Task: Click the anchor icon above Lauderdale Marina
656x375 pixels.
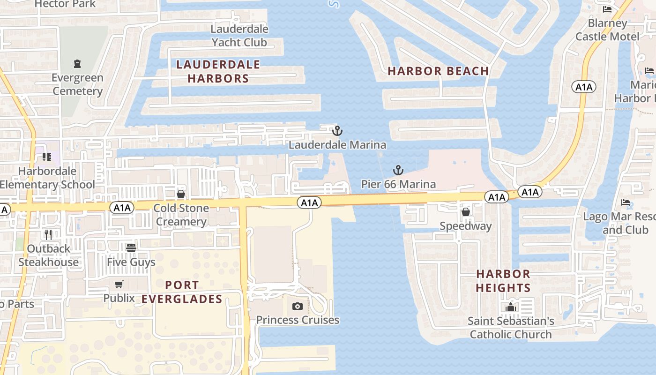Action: click(337, 131)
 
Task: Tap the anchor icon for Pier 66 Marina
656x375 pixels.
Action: click(398, 170)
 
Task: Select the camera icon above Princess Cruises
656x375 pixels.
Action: click(297, 307)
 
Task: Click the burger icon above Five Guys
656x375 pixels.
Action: click(131, 247)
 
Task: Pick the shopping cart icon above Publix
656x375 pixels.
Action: click(119, 284)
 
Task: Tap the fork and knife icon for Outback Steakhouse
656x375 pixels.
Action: click(48, 234)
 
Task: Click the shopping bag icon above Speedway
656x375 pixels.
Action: click(466, 212)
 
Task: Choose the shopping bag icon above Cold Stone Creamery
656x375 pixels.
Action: click(181, 194)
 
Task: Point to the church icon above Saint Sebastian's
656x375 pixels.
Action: click(511, 307)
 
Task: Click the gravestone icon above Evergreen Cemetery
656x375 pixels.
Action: click(77, 63)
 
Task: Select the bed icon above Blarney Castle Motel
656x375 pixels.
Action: click(607, 9)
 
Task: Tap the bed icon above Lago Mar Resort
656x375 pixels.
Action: click(626, 202)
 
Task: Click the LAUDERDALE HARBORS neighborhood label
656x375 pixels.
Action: click(218, 71)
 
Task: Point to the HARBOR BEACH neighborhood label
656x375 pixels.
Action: click(438, 71)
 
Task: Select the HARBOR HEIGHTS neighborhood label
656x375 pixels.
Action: click(503, 280)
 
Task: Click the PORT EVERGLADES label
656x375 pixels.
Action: click(182, 292)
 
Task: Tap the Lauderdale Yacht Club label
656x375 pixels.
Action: click(239, 36)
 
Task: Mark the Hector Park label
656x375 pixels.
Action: click(65, 4)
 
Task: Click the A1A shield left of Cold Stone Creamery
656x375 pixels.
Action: click(122, 207)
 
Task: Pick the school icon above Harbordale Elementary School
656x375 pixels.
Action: click(46, 157)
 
